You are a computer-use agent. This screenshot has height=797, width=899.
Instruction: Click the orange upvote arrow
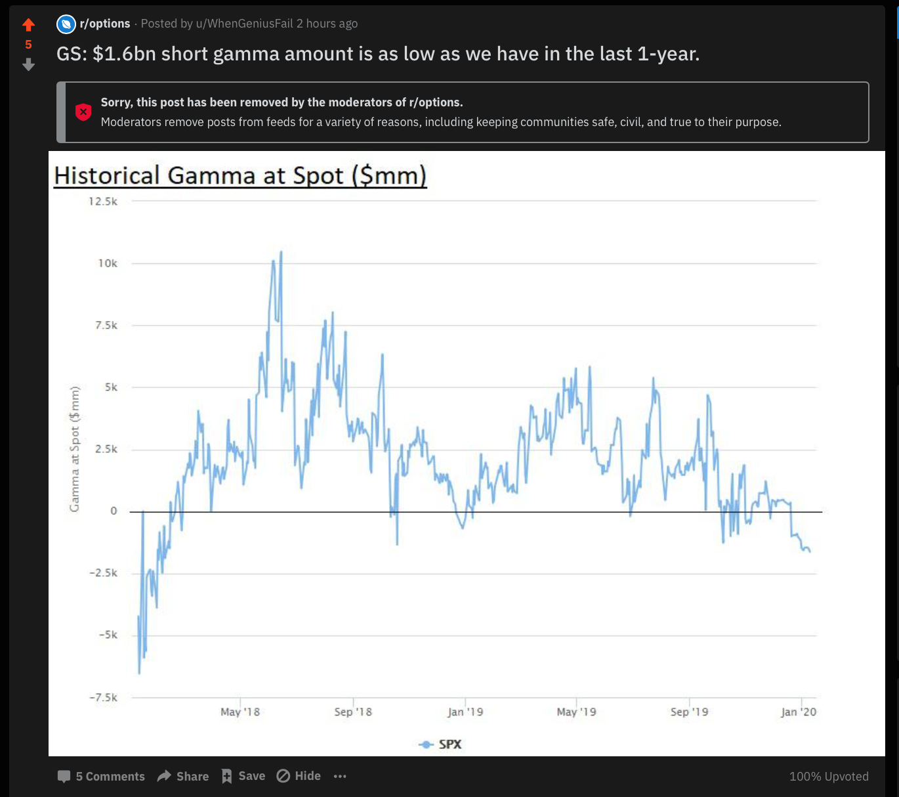(x=28, y=25)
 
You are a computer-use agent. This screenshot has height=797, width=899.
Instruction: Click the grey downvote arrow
(x=28, y=64)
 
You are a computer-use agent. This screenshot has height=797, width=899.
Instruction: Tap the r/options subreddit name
(x=104, y=24)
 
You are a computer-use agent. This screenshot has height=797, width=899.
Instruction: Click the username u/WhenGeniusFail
(x=244, y=24)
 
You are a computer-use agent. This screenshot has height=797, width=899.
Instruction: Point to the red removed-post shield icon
(x=83, y=112)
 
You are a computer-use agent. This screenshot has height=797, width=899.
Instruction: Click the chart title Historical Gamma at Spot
(x=240, y=176)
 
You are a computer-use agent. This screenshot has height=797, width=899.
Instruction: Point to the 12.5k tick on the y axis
(x=103, y=202)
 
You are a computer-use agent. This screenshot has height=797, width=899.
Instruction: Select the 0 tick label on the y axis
(x=114, y=511)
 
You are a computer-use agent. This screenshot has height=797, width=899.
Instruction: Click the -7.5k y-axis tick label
(x=104, y=697)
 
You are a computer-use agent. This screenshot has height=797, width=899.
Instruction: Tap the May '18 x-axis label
(x=240, y=712)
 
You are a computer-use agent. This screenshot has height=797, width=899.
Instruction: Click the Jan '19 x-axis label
(x=465, y=712)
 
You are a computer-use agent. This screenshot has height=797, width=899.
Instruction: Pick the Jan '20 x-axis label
(x=799, y=712)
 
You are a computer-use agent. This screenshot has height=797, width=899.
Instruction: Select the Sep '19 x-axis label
(x=689, y=712)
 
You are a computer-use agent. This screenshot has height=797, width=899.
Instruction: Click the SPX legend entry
(x=440, y=744)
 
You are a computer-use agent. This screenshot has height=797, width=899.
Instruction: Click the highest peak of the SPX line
(x=281, y=251)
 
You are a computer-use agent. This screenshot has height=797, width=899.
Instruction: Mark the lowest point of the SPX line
(x=139, y=673)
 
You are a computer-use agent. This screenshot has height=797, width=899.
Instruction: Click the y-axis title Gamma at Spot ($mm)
(x=75, y=449)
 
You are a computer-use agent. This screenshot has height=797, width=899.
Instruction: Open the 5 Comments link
(x=102, y=776)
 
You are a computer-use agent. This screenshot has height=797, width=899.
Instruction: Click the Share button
(x=183, y=776)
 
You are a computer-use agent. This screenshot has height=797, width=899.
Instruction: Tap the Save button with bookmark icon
(x=243, y=776)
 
